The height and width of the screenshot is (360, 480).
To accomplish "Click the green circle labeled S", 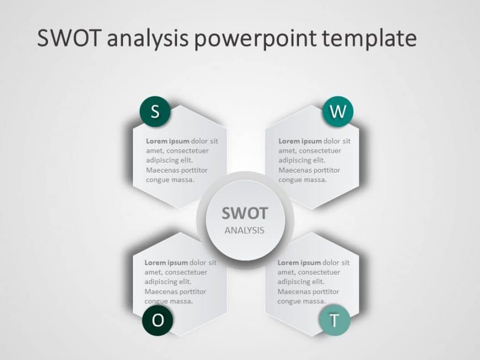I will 155,112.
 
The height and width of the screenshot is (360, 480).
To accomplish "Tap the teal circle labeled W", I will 337,112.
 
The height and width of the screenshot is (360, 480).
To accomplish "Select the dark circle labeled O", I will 158,320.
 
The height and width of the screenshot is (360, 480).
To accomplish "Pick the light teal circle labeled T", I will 334,320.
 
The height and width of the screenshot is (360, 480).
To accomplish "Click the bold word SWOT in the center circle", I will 244,213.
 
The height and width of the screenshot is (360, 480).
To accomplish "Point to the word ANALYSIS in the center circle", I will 244,230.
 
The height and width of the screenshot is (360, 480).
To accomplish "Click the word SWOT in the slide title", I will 69,39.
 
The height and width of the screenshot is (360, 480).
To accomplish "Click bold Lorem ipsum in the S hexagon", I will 168,141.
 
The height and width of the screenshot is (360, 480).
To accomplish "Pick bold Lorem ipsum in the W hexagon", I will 300,141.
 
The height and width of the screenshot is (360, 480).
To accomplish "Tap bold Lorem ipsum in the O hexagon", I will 166,262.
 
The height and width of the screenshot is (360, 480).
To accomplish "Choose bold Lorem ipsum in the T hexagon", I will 299,262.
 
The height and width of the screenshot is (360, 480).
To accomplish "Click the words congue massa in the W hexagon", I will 302,180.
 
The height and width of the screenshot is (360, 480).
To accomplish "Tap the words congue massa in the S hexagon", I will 170,180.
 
